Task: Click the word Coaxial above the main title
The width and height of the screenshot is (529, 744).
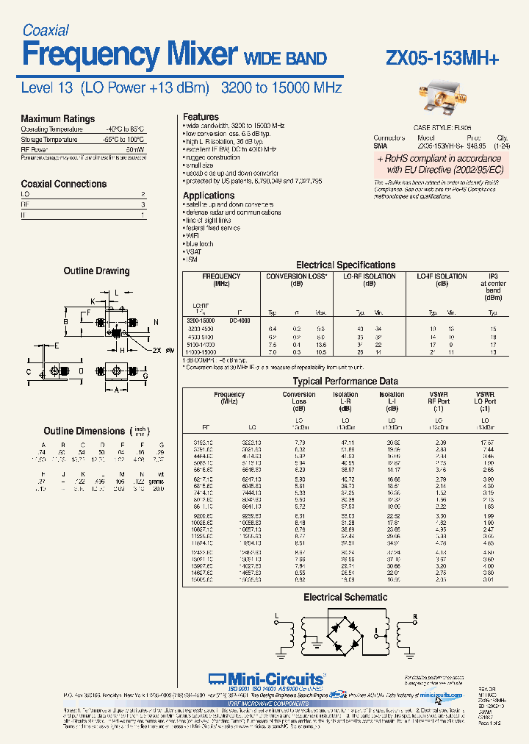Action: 46,30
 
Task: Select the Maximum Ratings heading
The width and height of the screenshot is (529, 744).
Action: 57,118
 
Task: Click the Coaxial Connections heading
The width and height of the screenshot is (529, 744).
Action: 63,184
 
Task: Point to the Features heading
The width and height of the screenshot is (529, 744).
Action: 201,117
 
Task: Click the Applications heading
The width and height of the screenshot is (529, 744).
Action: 209,196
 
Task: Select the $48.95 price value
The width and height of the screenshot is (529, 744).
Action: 462,146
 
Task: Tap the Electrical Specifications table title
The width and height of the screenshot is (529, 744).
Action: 345,265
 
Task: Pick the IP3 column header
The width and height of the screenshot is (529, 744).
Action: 493,276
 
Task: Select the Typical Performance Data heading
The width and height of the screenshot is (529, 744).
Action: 345,382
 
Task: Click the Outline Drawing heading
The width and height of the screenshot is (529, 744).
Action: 96,271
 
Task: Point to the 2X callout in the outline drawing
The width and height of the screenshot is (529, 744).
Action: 159,351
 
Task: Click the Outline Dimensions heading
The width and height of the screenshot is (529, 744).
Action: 84,431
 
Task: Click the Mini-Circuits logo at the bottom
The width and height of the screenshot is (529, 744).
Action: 265,679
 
